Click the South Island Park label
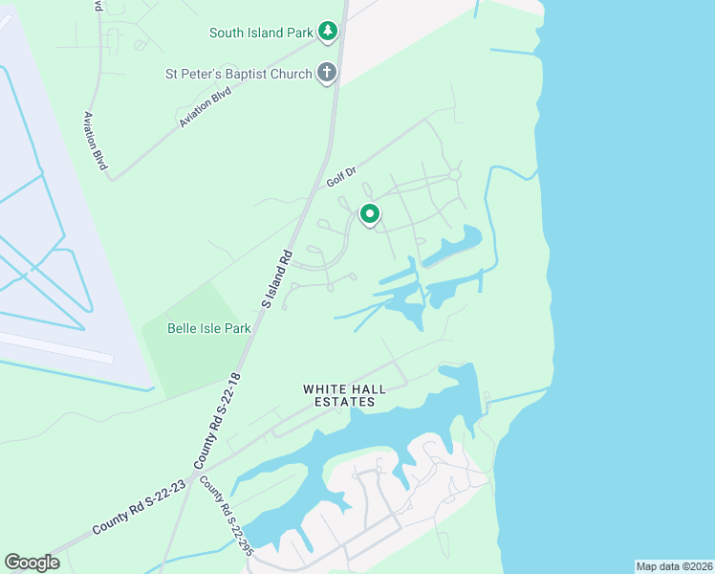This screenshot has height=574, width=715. [x=260, y=33]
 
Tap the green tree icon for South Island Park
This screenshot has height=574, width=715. [x=328, y=32]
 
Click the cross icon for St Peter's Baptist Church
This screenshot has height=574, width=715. [x=327, y=73]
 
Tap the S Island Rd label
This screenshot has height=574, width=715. [x=275, y=278]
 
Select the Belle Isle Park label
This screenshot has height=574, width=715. [x=208, y=328]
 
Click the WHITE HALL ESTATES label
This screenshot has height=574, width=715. [x=338, y=395]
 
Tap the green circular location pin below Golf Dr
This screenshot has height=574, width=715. [x=369, y=215]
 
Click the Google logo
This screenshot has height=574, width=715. [x=32, y=563]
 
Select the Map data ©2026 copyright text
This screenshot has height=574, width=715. [x=674, y=566]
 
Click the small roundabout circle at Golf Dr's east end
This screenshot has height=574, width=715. [x=455, y=174]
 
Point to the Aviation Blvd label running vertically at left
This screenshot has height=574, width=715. [x=95, y=141]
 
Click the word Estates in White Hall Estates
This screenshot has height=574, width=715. [x=338, y=403]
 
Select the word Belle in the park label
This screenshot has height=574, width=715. [x=184, y=328]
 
